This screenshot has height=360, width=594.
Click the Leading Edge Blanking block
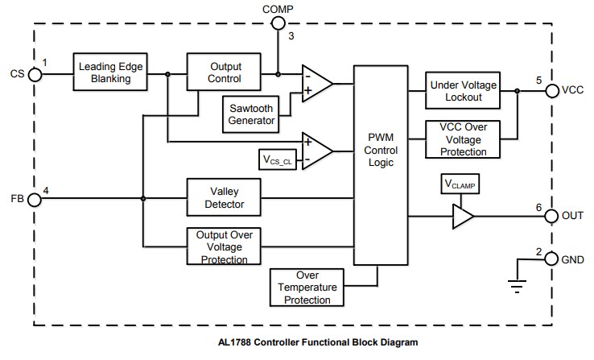click(x=113, y=72)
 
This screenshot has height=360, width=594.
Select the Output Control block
click(x=225, y=72)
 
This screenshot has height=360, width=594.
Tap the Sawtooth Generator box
click(x=249, y=113)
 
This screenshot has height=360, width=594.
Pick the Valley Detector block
click(x=225, y=197)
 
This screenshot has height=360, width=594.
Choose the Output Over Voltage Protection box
click(x=225, y=246)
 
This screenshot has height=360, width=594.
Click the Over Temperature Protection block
click(x=307, y=287)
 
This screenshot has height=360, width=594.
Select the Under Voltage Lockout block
click(x=463, y=90)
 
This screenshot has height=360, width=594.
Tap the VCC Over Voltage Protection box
click(x=463, y=139)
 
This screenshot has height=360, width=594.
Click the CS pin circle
click(x=35, y=74)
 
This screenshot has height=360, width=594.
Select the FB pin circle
click(x=35, y=198)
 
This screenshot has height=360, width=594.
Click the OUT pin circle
click(x=552, y=216)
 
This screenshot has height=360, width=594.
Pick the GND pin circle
click(x=552, y=259)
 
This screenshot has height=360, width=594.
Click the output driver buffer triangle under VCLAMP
click(x=462, y=216)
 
